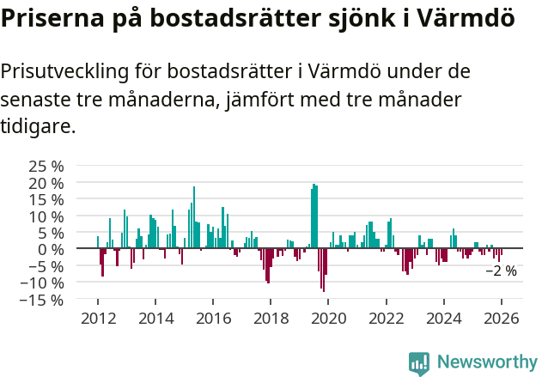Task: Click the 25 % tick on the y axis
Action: click(x=46, y=166)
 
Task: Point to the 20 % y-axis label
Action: click(x=46, y=183)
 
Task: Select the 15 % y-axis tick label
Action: click(x=46, y=199)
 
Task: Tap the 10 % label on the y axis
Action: click(x=46, y=216)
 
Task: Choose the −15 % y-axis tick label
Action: click(x=41, y=300)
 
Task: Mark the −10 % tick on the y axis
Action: click(x=41, y=283)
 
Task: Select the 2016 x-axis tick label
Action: click(x=212, y=318)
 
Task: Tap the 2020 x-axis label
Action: click(x=327, y=318)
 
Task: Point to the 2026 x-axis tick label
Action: click(x=501, y=318)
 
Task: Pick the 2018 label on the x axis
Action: click(x=270, y=318)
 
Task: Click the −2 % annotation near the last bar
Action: click(x=502, y=271)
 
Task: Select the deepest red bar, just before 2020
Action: click(x=324, y=270)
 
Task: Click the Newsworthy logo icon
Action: click(x=419, y=362)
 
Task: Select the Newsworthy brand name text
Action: click(x=486, y=362)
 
